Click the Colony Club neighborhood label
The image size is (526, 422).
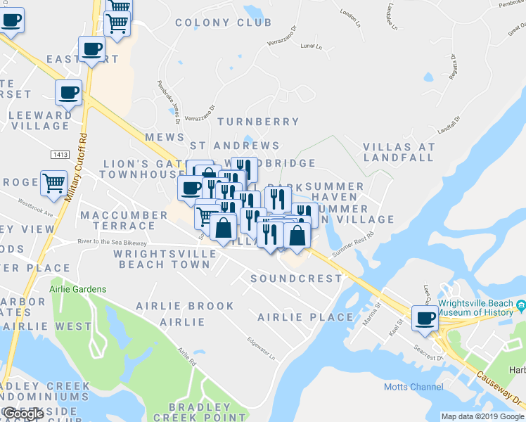click(x=223, y=23)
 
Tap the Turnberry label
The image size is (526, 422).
click(x=258, y=122)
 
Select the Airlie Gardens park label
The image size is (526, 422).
click(x=78, y=289)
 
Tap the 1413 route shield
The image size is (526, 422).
click(x=59, y=153)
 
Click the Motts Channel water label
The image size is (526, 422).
click(x=413, y=387)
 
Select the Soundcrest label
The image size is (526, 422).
click(x=296, y=279)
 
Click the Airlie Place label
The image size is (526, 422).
click(x=305, y=317)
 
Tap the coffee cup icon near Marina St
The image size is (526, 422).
click(x=425, y=318)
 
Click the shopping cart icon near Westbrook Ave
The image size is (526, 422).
click(x=53, y=184)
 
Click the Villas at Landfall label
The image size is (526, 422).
click(x=399, y=152)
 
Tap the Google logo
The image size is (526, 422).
click(x=23, y=414)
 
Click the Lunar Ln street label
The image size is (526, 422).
click(x=310, y=47)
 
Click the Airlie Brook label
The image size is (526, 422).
click(x=185, y=306)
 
